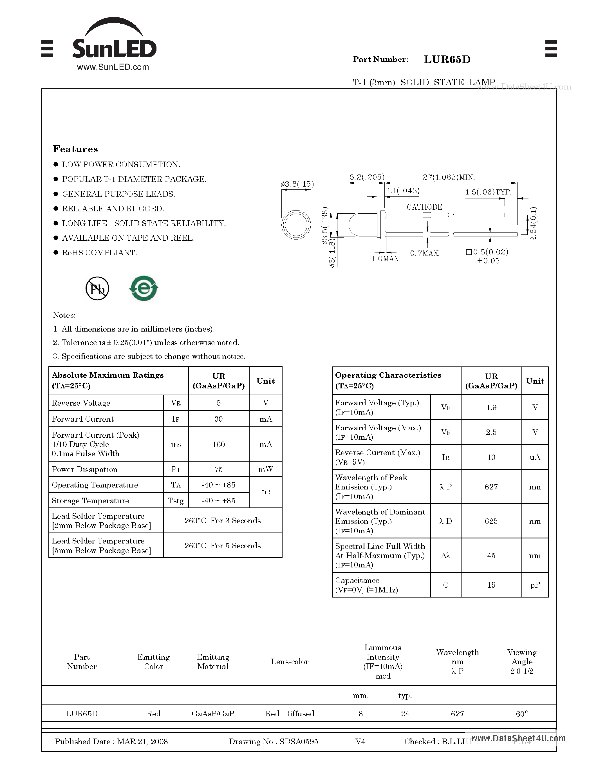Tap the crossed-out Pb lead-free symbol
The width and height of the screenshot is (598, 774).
(x=97, y=288)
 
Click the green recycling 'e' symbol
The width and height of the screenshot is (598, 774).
(x=144, y=288)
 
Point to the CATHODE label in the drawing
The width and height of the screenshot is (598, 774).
(x=424, y=207)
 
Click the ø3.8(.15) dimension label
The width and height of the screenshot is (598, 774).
(x=297, y=184)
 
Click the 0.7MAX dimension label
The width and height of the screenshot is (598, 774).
(x=424, y=253)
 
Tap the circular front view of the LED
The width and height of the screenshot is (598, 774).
(x=296, y=225)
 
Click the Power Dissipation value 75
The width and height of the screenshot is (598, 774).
(x=219, y=469)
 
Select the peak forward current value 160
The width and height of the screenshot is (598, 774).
(x=219, y=444)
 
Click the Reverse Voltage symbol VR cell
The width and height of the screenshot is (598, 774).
(x=176, y=403)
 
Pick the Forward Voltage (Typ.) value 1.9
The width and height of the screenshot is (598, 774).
(x=491, y=408)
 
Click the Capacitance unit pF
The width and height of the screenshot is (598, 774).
(x=535, y=585)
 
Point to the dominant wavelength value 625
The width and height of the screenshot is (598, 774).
(x=491, y=521)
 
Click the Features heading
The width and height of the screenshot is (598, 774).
(x=75, y=149)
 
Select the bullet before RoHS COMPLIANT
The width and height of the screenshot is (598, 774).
(x=56, y=252)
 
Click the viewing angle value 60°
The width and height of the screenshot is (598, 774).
(x=521, y=713)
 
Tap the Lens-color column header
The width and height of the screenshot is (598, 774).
(x=290, y=661)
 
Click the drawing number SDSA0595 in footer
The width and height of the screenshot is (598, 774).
(x=298, y=741)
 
